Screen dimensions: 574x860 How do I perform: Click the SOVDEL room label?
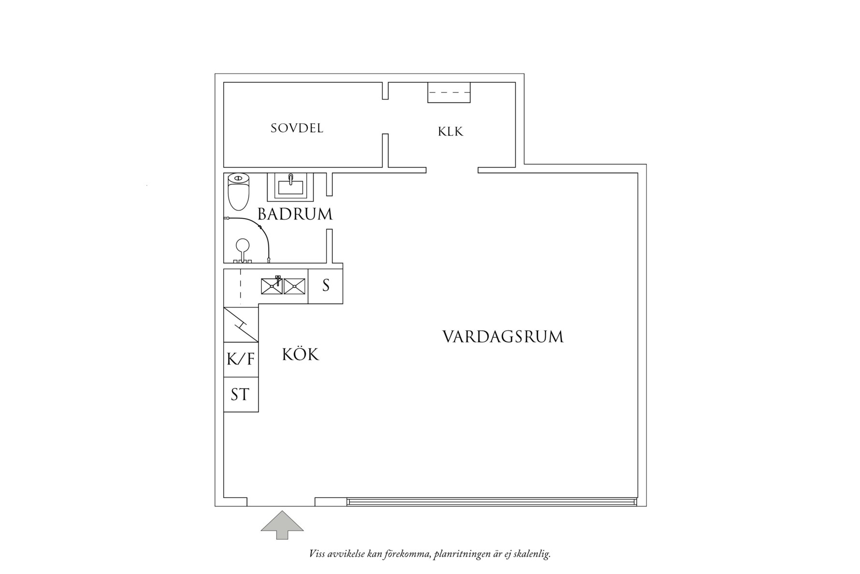pos(297,129)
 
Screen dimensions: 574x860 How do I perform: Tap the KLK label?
pos(450,132)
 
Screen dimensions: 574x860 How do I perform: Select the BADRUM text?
pos(295,214)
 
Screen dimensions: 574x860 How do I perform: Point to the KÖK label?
pos(301,355)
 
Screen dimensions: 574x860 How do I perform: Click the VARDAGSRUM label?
pos(503,337)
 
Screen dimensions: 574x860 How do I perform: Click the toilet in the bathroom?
pos(238,192)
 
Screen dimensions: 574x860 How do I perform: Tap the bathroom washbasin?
pos(290,187)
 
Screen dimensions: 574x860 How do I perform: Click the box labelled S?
pos(326,286)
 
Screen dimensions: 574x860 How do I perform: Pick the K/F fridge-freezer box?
pos(241,360)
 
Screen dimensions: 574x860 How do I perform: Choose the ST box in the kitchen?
pos(240,395)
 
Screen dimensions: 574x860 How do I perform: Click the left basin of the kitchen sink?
pos(272,286)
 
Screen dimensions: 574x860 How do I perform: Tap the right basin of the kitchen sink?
pos(294,286)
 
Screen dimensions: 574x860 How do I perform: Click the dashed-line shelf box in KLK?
pos(449,92)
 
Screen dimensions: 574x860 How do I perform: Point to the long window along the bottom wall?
pos(491,502)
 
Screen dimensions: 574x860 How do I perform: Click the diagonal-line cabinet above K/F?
pos(241,324)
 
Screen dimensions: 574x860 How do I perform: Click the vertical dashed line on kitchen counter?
pos(240,286)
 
